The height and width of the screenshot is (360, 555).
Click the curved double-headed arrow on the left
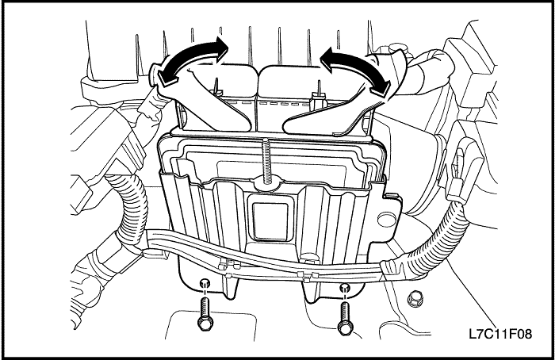pos(189,53)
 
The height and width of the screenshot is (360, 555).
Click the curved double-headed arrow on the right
pos(358,62)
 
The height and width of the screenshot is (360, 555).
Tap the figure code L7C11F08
pos(500,334)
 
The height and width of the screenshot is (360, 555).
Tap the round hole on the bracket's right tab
pos(387,220)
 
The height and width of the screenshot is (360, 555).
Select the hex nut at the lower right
pos(413,300)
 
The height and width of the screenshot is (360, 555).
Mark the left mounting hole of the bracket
pos(204,283)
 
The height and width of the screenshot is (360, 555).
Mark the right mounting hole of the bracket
pos(344,287)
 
